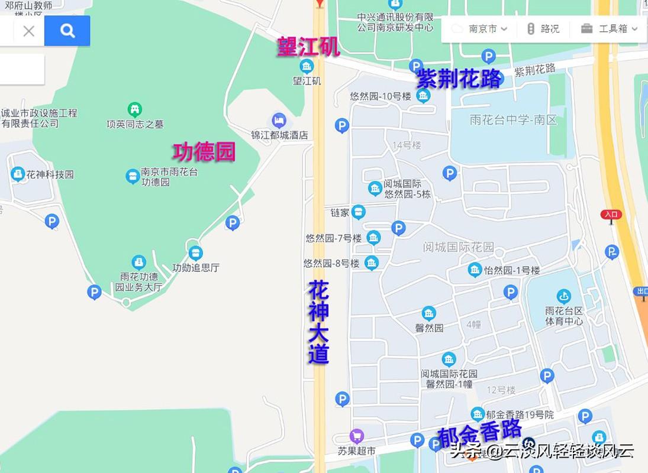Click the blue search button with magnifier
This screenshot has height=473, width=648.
point(67,31)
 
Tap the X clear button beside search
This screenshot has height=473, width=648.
point(28,31)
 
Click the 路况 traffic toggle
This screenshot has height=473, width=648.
point(543,28)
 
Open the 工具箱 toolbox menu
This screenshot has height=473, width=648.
point(610,28)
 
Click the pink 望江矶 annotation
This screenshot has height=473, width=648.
point(308,47)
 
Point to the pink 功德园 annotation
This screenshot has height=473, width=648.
point(204,152)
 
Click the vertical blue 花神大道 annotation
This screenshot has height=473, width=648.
point(318,322)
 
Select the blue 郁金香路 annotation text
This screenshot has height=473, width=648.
point(479,433)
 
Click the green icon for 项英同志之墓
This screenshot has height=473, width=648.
point(135,109)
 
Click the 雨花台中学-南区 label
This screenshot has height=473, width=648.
point(513,120)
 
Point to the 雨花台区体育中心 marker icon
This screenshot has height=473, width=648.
point(563,297)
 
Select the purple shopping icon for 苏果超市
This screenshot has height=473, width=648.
point(356,436)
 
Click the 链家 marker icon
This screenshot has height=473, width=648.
point(358,212)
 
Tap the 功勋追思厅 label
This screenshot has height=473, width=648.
point(195,267)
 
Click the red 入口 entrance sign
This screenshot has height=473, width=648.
point(611,215)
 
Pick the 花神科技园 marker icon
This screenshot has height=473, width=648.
point(18,174)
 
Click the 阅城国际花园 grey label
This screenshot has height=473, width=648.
point(458,247)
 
